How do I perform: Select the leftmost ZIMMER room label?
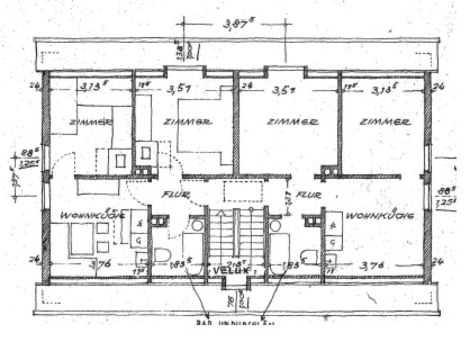[91, 122]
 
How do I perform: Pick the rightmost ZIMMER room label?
[385, 122]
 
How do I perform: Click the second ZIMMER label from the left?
[188, 122]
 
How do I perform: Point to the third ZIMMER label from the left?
[292, 122]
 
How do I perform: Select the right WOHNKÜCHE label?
[379, 216]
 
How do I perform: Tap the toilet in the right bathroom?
[310, 256]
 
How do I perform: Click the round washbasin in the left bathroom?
[197, 225]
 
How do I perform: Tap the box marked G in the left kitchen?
[139, 240]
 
